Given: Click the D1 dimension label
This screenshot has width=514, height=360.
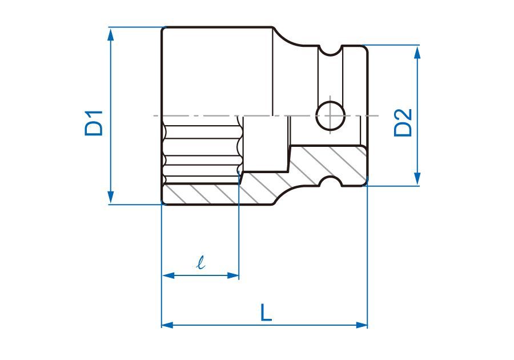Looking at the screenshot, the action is (94, 123).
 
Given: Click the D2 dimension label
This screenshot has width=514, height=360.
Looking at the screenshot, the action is (403, 123).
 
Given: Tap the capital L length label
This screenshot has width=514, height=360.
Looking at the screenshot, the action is (266, 313).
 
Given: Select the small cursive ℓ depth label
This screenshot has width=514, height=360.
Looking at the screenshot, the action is (200, 262).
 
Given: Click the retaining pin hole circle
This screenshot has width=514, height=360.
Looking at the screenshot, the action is (331, 115).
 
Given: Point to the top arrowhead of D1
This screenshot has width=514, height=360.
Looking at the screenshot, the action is (110, 34).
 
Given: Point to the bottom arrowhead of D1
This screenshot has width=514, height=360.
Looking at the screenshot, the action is (110, 197).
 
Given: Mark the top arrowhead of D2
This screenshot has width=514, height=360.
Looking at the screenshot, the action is (417, 52).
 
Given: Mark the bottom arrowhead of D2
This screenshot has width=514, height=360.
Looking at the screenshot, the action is (417, 179).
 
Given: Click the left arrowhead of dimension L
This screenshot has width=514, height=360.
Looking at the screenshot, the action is (167, 325).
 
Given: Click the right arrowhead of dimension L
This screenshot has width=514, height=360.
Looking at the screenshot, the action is (362, 325).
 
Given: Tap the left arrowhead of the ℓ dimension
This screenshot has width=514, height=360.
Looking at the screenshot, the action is (168, 275).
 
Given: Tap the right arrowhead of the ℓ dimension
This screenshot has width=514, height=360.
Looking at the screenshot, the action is (232, 275).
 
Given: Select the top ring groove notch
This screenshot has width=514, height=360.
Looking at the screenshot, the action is (330, 51).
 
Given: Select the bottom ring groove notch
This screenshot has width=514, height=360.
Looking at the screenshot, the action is (331, 181).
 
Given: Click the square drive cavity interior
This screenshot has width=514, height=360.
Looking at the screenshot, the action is (266, 143).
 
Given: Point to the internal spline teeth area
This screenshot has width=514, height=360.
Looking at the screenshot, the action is (202, 151).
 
